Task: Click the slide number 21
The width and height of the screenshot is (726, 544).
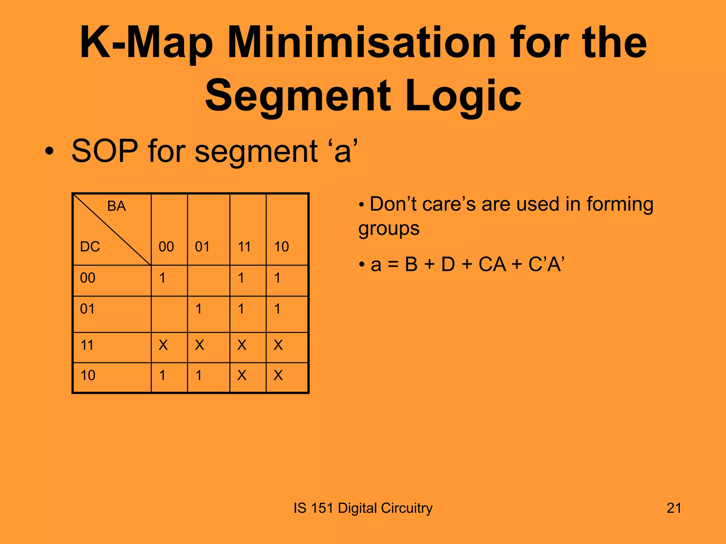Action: [674, 508]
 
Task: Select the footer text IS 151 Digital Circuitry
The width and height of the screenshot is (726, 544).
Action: [363, 508]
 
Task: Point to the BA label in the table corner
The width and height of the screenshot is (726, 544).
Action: [116, 206]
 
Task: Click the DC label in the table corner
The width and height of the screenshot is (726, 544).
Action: [90, 246]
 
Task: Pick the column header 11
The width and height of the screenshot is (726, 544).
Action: [244, 246]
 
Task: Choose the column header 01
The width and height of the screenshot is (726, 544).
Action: [202, 246]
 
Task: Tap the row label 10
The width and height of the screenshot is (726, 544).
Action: [88, 375]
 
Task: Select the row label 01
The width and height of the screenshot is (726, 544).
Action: [88, 309]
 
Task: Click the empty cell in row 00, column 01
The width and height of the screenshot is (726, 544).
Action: [208, 280]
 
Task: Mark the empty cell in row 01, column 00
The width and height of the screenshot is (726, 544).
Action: [169, 314]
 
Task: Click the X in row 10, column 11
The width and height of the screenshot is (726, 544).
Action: [242, 375]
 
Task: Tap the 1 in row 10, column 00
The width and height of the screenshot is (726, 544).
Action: [162, 375]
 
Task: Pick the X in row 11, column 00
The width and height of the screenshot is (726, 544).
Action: [163, 345]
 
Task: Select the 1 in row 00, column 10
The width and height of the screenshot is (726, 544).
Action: [277, 278]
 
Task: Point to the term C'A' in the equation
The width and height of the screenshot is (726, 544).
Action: [546, 265]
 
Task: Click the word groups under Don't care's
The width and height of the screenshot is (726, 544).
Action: [389, 229]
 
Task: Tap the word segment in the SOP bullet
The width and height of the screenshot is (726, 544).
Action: [256, 152]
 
